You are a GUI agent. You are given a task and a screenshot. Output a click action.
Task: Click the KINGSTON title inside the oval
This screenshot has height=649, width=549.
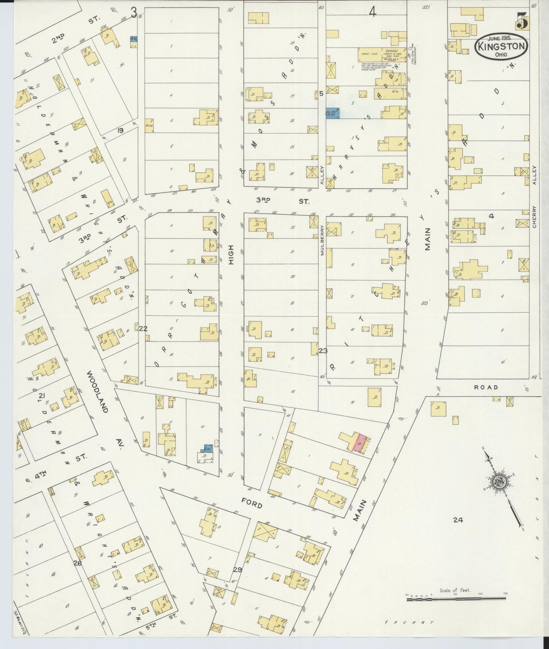tap(501, 46)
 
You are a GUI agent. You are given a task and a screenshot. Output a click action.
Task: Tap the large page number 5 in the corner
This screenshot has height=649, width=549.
tap(522, 21)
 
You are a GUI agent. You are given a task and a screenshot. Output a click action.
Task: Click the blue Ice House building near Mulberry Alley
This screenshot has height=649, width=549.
tap(332, 113)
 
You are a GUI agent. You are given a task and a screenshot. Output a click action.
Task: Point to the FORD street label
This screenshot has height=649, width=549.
tap(252, 505)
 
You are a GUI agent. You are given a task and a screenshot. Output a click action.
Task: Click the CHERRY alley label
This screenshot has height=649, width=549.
tap(534, 217)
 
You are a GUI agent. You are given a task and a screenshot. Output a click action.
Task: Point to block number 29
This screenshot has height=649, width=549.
tap(237, 570)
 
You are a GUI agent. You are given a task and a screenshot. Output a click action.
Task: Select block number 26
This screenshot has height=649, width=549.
tap(78, 563)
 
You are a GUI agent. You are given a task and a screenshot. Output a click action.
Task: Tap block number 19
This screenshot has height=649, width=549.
tap(120, 130)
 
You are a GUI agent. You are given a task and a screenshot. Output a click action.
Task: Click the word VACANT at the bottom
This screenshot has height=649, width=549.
tap(410, 623)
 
